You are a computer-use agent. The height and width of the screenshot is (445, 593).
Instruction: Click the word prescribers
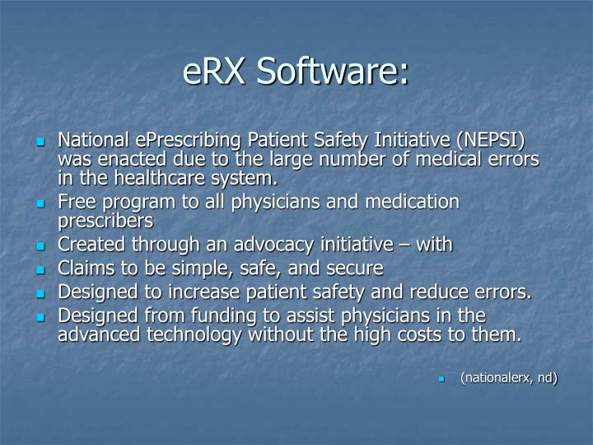105,221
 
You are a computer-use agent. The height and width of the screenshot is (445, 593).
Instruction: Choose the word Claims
82,269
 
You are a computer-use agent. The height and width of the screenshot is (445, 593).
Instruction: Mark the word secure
355,269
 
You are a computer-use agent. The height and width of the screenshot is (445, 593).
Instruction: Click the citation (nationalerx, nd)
509,378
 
